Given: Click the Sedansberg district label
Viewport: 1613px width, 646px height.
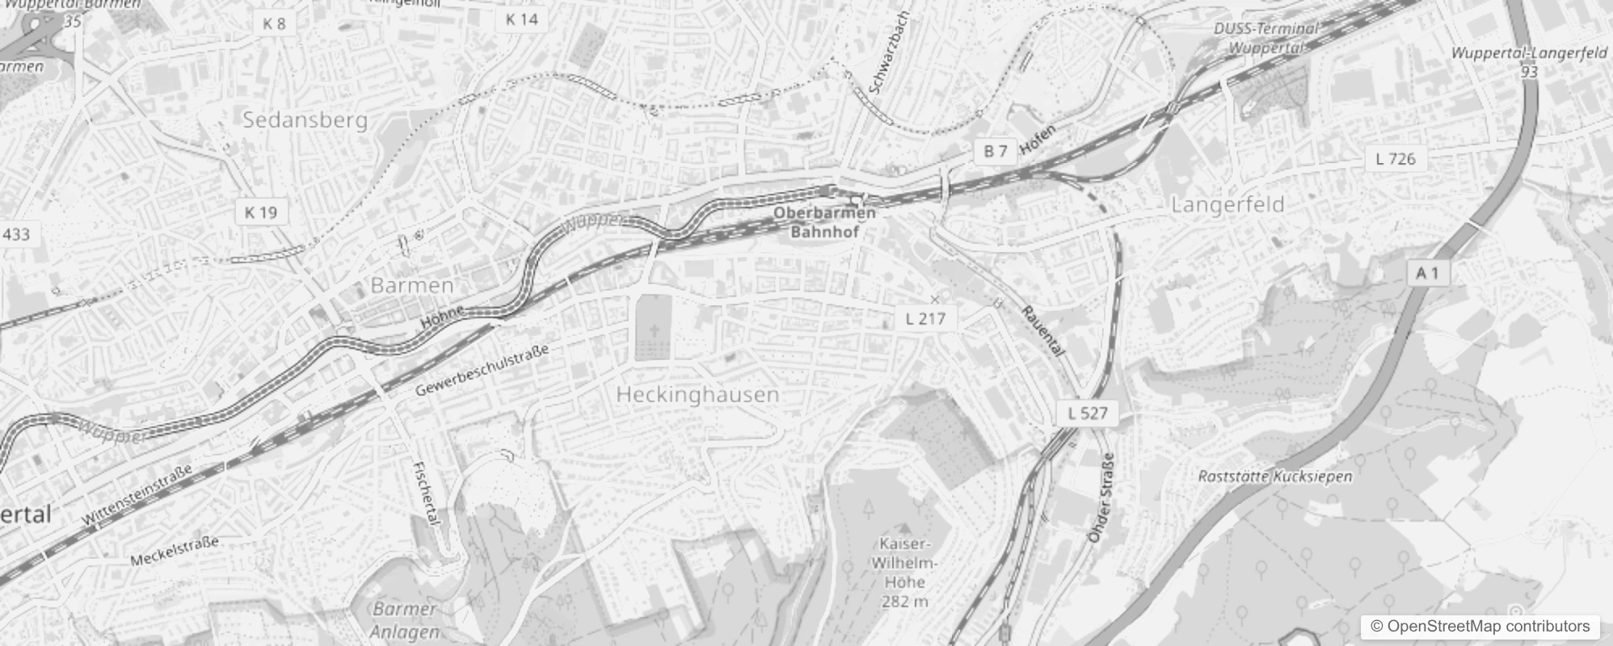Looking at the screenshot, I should [305, 120].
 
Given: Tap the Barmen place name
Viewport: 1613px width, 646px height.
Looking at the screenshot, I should [412, 285].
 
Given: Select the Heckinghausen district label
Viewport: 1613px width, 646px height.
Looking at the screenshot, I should [697, 395].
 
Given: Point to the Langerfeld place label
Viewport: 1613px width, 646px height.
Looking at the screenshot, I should [1228, 205].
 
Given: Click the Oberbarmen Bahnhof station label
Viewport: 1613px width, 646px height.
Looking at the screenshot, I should [824, 222].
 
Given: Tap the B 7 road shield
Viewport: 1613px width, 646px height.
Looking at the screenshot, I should [996, 151].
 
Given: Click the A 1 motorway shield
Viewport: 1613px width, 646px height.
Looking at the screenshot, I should [1427, 273].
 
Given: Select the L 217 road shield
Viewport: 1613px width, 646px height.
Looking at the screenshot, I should [925, 318].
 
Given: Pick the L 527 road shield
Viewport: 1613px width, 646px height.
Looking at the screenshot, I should [1088, 413].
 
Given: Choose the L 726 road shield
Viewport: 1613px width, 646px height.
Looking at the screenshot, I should [1396, 159].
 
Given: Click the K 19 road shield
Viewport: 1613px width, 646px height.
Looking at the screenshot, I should [260, 212].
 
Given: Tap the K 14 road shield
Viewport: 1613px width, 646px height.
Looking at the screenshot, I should [521, 19].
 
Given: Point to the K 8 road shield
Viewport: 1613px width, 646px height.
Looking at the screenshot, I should [274, 24].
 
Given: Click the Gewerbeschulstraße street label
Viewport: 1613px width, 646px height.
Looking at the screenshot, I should [482, 370].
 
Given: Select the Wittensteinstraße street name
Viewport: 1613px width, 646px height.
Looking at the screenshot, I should [137, 494].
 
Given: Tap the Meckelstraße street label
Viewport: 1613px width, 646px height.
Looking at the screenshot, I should [175, 552].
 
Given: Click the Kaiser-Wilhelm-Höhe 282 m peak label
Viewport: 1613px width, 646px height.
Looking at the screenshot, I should [904, 572].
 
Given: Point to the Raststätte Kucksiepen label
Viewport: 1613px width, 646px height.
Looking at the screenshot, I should [1274, 476].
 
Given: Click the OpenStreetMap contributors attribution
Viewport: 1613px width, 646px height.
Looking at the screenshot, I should [1480, 627].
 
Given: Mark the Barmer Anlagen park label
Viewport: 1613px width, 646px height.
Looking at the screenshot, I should [406, 620].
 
